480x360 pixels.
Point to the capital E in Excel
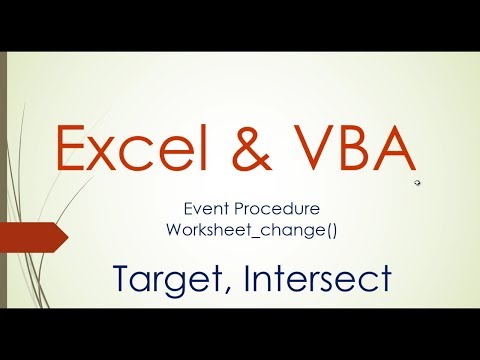73,149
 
